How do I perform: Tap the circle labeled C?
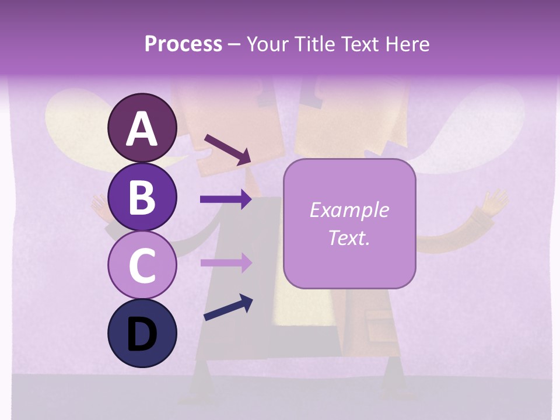tap(142, 265)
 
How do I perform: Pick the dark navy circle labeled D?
tap(142, 333)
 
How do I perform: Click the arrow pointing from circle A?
tap(227, 149)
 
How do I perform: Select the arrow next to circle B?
tap(225, 199)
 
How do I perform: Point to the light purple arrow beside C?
tap(225, 262)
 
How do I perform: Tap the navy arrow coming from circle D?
tap(228, 307)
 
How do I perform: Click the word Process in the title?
tap(183, 44)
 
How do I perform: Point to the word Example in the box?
tap(349, 210)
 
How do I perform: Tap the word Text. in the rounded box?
tap(349, 237)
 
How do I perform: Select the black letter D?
tap(142, 334)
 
